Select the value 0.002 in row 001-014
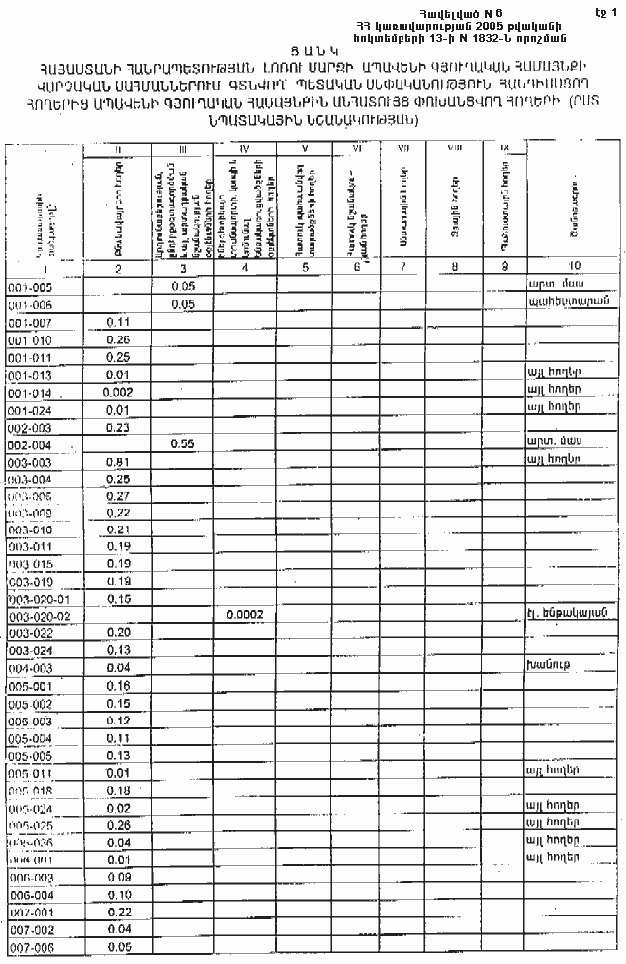click(x=119, y=392)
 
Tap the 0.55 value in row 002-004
click(x=180, y=444)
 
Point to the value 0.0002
click(x=244, y=615)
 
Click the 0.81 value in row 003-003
click(x=119, y=462)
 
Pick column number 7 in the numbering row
click(x=402, y=267)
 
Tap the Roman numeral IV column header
click(x=244, y=148)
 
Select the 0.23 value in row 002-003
click(x=119, y=428)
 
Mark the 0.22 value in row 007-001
click(x=119, y=912)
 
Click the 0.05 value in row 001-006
click(x=180, y=305)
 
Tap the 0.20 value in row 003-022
click(x=119, y=632)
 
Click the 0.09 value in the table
click(x=119, y=877)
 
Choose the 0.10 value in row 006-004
click(x=119, y=895)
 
